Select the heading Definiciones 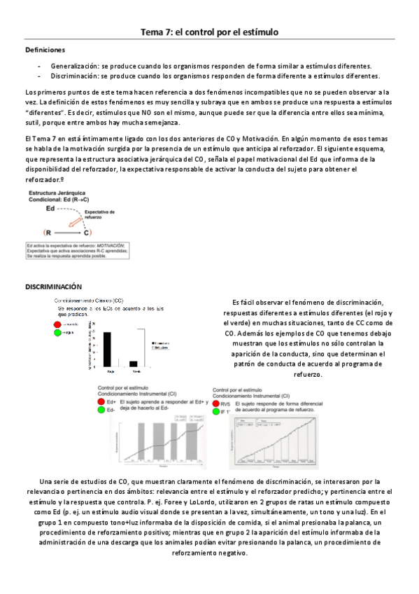45,50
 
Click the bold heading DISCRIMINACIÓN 54,287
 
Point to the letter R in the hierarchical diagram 48,233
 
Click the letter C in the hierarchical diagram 86,233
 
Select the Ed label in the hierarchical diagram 50,209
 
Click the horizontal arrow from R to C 66,233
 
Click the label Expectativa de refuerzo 100,214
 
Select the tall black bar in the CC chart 107,348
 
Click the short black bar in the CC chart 134,363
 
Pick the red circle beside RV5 215,404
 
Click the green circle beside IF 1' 215,413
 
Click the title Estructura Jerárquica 56,193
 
